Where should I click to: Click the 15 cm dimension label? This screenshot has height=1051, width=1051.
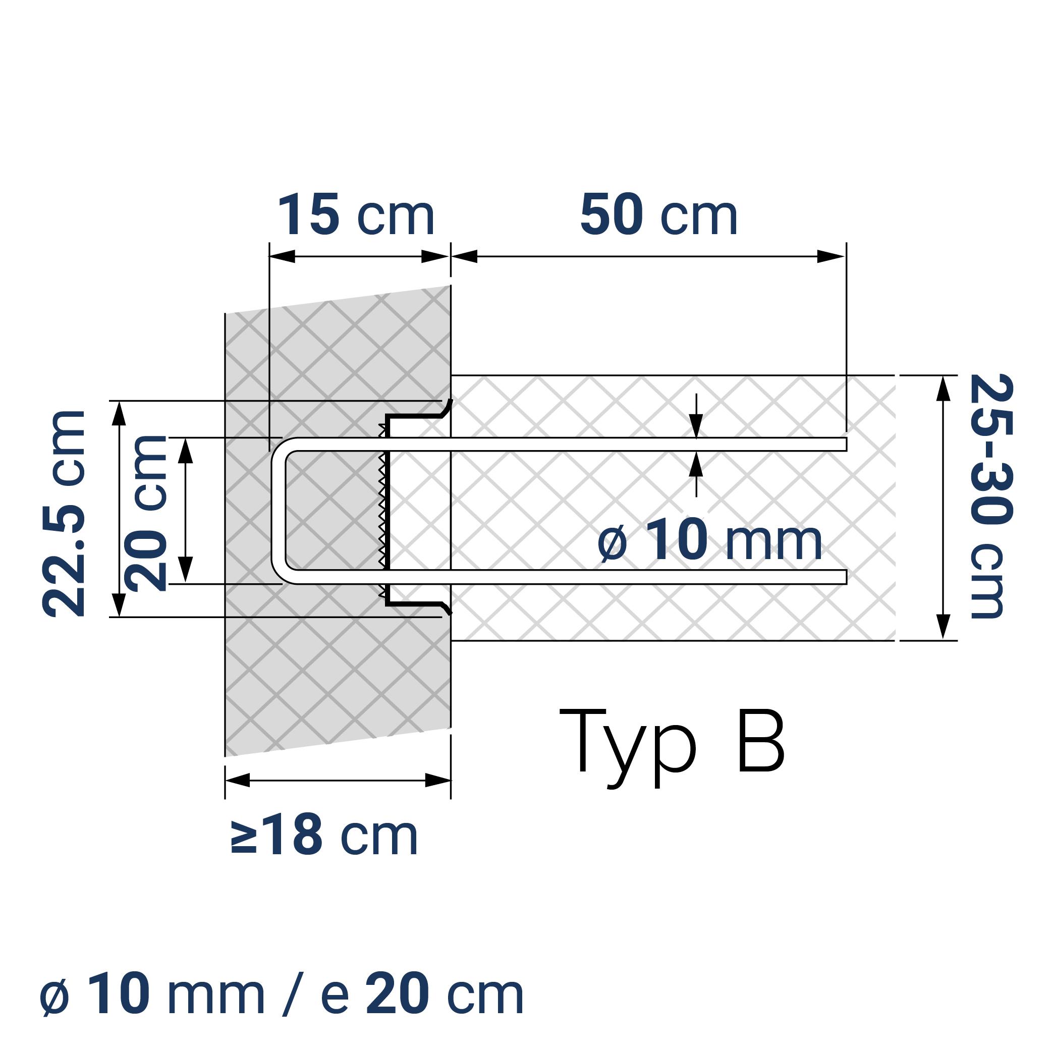356,215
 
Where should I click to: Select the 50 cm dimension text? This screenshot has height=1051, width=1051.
658,215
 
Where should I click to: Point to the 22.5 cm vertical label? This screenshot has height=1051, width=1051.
64,514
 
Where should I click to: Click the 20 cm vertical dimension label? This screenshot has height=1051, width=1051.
146,514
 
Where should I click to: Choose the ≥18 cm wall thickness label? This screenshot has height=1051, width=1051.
325,836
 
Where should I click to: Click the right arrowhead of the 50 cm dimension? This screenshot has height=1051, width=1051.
831,256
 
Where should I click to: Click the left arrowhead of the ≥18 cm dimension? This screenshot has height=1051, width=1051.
238,781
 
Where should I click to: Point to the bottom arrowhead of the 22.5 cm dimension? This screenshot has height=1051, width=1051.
119,604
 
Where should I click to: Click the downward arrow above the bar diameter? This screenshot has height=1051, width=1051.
696,425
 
